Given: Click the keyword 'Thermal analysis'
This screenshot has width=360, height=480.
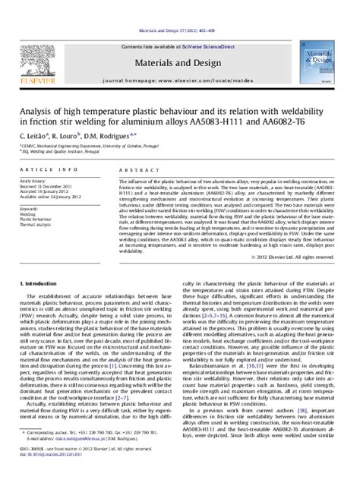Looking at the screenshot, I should (37, 226).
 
